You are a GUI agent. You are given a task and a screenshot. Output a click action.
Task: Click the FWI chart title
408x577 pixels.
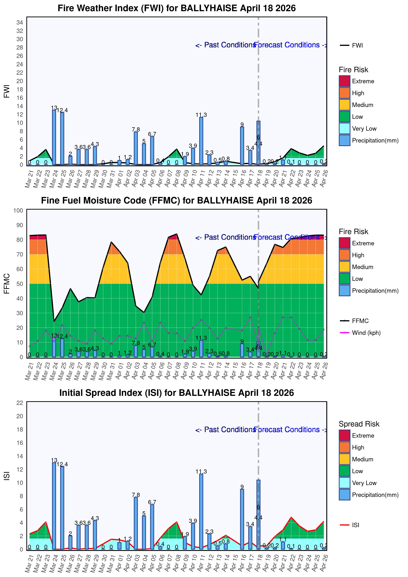pos(177,8)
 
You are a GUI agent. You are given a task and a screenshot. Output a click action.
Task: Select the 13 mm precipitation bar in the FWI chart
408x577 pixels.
pos(54,137)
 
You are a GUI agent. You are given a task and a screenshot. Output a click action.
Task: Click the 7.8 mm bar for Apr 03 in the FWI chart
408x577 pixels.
pos(136,148)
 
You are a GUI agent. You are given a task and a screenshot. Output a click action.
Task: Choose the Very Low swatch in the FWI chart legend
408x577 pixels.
pos(344,128)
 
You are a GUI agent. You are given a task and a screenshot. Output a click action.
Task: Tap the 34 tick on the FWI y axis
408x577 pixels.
pos(20,22)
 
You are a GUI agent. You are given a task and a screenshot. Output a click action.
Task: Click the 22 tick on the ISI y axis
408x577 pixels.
pos(20,403)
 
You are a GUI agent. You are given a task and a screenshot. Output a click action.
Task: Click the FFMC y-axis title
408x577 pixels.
pos(7,283)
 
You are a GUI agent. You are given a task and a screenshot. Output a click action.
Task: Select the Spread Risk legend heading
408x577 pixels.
pos(359,424)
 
